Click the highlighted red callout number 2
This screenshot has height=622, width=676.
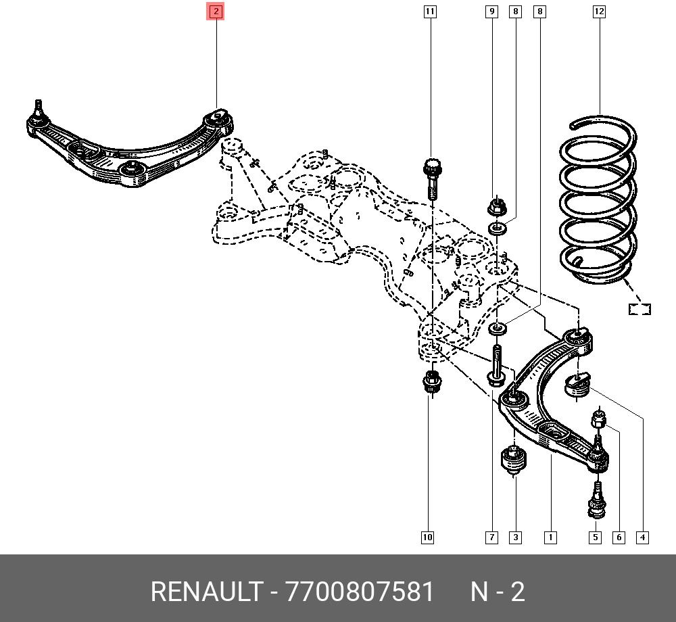(216, 11)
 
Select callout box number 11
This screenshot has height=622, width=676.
(430, 11)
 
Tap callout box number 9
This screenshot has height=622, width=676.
(492, 11)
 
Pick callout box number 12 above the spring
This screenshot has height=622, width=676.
(599, 11)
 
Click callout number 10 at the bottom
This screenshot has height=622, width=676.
(427, 537)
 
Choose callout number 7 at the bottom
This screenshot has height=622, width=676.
(492, 537)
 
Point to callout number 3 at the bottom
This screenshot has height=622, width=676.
(516, 537)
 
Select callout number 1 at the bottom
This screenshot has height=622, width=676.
(550, 537)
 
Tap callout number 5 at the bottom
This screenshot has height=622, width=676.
(596, 537)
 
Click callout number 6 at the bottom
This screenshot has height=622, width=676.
(619, 537)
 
